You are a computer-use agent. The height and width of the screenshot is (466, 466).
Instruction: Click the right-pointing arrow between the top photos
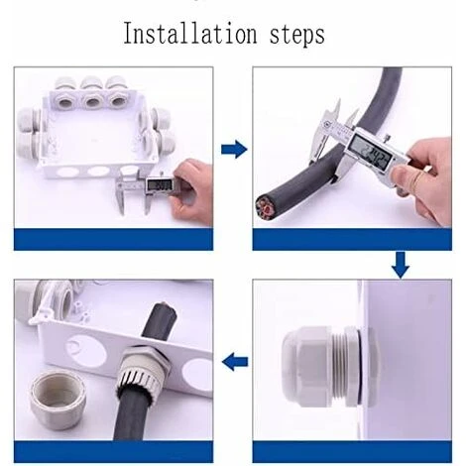point(233,150)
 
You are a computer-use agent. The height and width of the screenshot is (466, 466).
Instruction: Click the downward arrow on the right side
point(401,265)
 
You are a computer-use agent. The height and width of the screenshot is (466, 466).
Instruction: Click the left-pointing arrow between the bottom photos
point(233,363)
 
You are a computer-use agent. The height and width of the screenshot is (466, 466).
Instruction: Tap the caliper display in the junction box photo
point(159,184)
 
